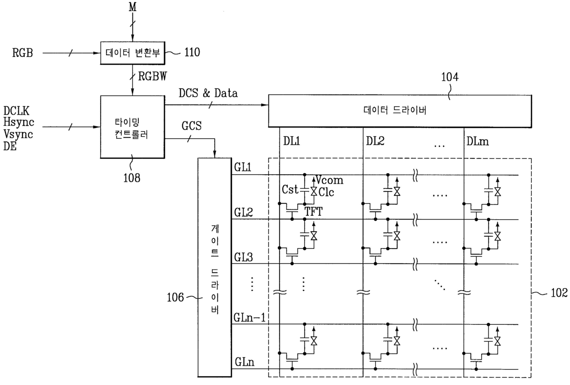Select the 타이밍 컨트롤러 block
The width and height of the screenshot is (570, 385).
pyautogui.click(x=132, y=127)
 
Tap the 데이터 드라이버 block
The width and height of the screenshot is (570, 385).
pyautogui.click(x=400, y=111)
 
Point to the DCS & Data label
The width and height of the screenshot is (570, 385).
pyautogui.click(x=208, y=93)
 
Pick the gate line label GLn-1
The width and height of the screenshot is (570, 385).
pyautogui.click(x=249, y=318)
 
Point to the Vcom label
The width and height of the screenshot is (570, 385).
pyautogui.click(x=331, y=181)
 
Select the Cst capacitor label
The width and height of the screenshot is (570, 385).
pyautogui.click(x=291, y=189)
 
